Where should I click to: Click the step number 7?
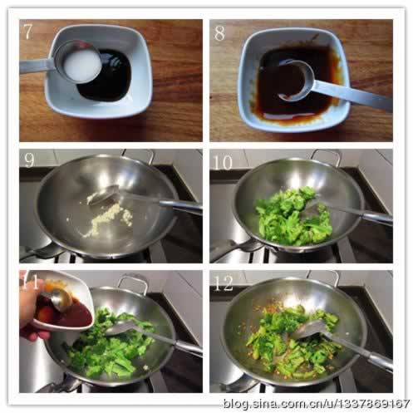pyautogui.click(x=27, y=32)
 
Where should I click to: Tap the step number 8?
pyautogui.click(x=219, y=33)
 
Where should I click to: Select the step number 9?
pyautogui.click(x=29, y=160)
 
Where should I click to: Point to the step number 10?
pyautogui.click(x=224, y=162)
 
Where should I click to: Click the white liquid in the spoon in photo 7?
pyautogui.click(x=81, y=66)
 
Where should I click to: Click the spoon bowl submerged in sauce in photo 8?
pyautogui.click(x=296, y=81)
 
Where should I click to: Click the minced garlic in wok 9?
pyautogui.click(x=106, y=219)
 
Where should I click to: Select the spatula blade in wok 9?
pyautogui.click(x=105, y=194)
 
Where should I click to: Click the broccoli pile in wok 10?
pyautogui.click(x=293, y=216)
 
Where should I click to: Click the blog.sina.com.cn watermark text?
pyautogui.click(x=317, y=403)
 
